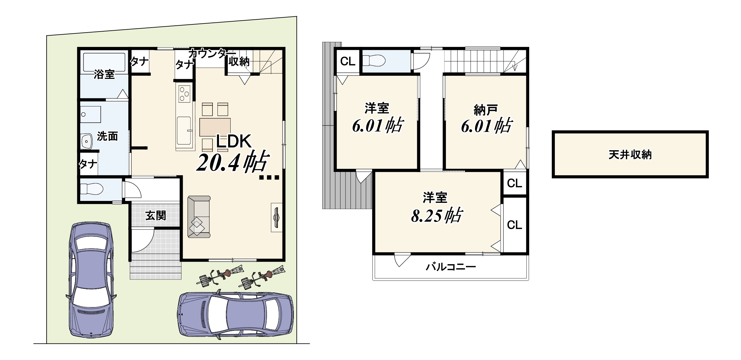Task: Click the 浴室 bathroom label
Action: point(104,74)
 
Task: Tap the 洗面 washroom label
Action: point(107,136)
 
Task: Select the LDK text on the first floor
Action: point(234,141)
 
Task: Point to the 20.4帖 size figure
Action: point(232,162)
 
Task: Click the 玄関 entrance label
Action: point(156,215)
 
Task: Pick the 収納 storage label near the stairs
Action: point(239,62)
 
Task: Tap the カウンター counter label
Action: point(212,53)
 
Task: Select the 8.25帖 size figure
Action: point(437,215)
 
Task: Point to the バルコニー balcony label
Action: point(451,267)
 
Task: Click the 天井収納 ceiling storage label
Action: point(630,155)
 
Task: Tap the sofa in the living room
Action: point(199,217)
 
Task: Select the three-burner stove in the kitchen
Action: point(184,94)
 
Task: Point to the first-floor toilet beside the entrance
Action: point(92,189)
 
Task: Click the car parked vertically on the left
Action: point(91,280)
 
